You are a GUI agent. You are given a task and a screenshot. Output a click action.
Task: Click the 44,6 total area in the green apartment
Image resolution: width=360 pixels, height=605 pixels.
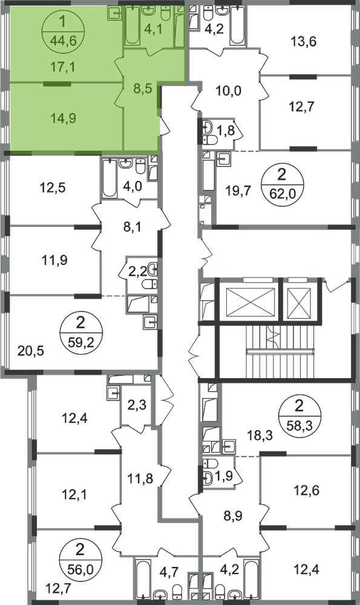click(x=62, y=39)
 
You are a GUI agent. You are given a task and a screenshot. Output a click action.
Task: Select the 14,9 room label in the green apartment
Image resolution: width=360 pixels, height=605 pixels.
click(x=64, y=119)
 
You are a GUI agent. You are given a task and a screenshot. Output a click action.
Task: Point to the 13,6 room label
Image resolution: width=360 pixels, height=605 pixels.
click(x=304, y=41)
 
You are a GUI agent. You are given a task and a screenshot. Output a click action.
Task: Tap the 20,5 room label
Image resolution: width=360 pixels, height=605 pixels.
click(x=31, y=351)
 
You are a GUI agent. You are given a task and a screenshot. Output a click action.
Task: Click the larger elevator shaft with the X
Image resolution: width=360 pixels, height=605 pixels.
click(x=249, y=299)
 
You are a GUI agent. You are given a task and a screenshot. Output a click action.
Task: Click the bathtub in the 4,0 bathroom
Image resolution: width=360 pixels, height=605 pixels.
click(x=110, y=178)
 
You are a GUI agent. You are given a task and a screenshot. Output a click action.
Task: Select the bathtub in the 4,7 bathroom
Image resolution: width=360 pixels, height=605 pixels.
click(x=143, y=577)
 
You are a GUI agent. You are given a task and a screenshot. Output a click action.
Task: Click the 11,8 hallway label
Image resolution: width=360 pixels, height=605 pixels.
click(x=140, y=479)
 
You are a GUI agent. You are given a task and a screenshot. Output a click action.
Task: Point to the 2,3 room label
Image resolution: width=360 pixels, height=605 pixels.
click(x=137, y=405)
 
